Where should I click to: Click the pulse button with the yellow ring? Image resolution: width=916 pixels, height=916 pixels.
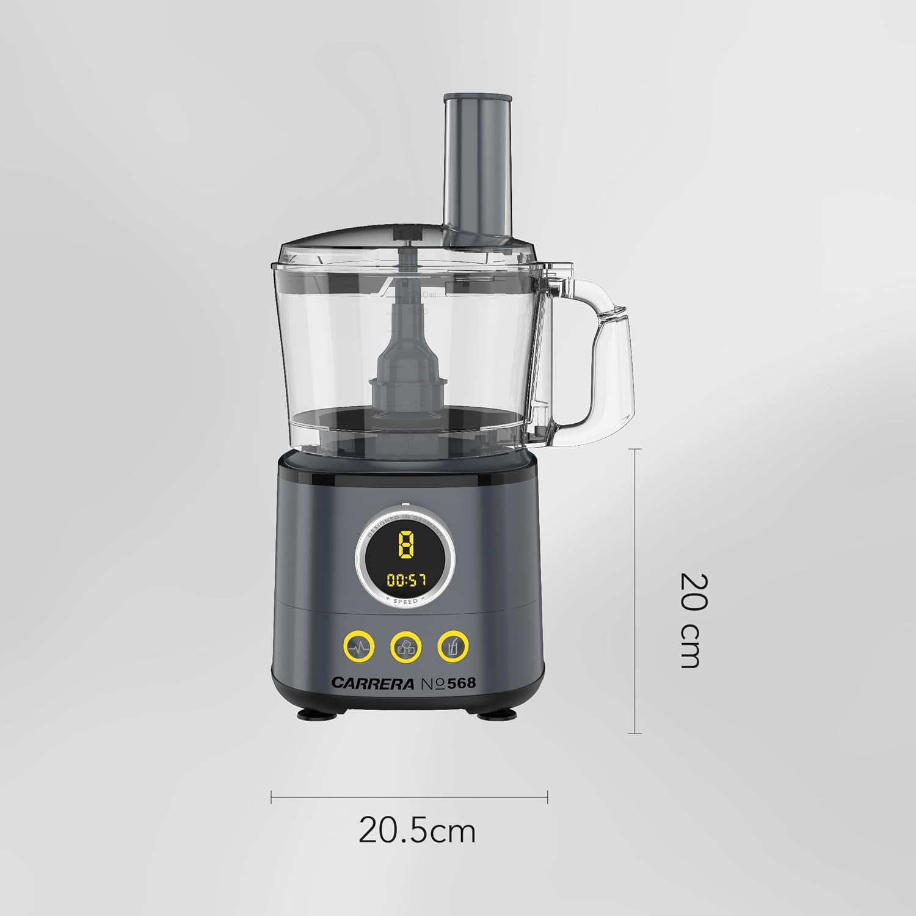[358, 645]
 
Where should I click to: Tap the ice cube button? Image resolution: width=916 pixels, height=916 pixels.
[406, 645]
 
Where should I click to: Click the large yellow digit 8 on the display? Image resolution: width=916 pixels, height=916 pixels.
[405, 545]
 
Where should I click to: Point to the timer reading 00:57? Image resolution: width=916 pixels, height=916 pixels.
[405, 580]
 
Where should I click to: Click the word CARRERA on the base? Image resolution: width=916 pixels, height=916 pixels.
[373, 683]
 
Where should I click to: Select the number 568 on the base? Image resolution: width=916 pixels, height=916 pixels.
[461, 683]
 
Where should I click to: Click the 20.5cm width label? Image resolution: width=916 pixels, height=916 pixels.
[416, 831]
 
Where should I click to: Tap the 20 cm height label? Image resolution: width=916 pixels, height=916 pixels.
[694, 620]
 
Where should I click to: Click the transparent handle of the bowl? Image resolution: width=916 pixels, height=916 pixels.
[605, 354]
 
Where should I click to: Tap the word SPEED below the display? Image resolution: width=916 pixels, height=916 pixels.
[405, 602]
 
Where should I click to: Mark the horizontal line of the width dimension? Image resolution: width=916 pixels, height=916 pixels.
[409, 796]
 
